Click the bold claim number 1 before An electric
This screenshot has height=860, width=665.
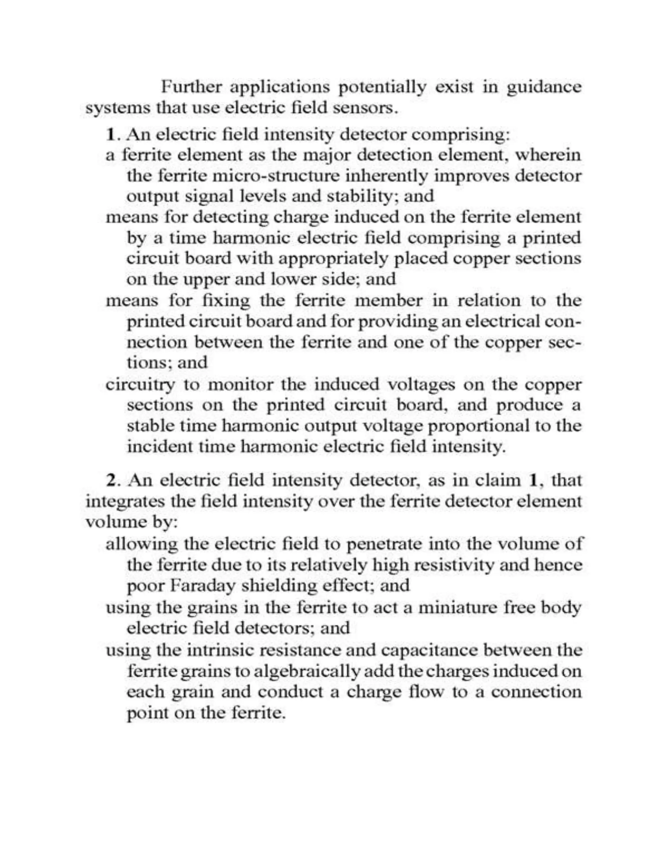click(x=111, y=135)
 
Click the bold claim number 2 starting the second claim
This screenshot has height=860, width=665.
click(x=111, y=481)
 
